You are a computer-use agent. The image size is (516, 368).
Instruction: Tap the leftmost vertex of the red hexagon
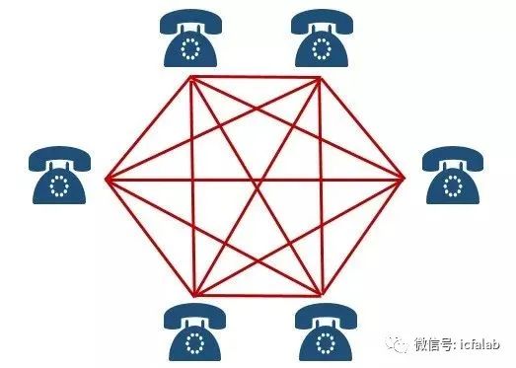pyautogui.click(x=106, y=179)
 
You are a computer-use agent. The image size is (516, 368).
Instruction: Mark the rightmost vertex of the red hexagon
pyautogui.click(x=405, y=179)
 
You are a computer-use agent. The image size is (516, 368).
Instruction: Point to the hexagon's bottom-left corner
pyautogui.click(x=193, y=295)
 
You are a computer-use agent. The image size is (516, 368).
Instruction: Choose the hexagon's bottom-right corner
pyautogui.click(x=322, y=295)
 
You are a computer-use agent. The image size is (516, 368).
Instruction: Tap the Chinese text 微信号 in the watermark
pyautogui.click(x=434, y=344)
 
